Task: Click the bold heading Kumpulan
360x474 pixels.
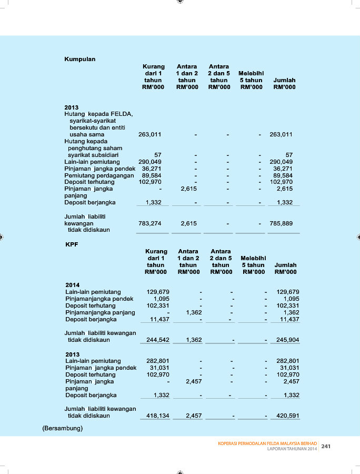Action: point(79,59)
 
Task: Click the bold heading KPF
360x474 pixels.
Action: point(72,244)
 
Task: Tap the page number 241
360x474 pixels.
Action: point(326,446)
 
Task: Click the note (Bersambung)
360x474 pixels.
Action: point(62,428)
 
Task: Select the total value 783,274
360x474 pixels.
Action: point(149,223)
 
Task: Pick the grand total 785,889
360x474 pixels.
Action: point(281,223)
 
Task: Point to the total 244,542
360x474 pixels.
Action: point(157,340)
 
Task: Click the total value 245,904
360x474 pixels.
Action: point(287,340)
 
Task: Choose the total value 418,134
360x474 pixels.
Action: point(157,416)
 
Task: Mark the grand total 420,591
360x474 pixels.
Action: point(287,416)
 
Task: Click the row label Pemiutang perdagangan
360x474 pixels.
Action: point(99,175)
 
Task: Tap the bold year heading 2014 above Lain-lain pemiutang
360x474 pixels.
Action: point(73,285)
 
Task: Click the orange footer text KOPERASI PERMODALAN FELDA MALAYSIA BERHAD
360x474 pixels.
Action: point(267,443)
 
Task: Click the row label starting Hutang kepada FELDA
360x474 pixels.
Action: point(98,114)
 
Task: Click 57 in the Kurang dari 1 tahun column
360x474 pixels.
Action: point(157,155)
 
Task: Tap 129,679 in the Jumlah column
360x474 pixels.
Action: point(287,292)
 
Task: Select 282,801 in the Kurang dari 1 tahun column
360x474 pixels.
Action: point(157,361)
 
